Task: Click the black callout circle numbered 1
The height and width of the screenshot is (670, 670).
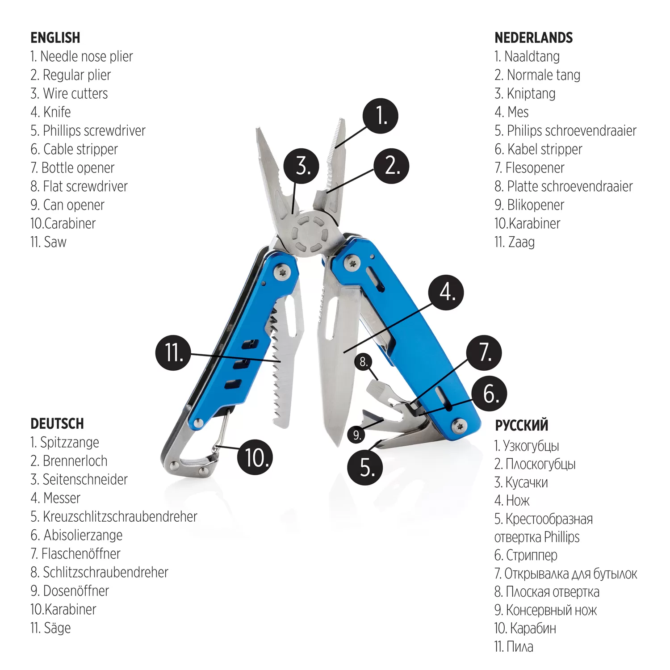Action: pyautogui.click(x=380, y=116)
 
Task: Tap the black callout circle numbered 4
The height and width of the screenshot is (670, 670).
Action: pyautogui.click(x=446, y=293)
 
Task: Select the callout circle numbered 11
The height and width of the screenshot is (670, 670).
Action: pyautogui.click(x=173, y=352)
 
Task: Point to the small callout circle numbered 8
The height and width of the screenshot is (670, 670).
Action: pyautogui.click(x=364, y=361)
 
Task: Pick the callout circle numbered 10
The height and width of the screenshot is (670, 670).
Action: pyautogui.click(x=255, y=457)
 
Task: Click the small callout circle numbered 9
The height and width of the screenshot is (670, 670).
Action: pyautogui.click(x=356, y=435)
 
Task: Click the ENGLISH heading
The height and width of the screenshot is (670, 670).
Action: pyautogui.click(x=55, y=38)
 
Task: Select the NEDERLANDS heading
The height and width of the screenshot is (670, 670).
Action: pyautogui.click(x=534, y=38)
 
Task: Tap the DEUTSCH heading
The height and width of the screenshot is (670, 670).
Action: pyautogui.click(x=57, y=423)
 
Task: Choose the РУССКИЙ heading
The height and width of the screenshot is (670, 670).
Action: pyautogui.click(x=521, y=426)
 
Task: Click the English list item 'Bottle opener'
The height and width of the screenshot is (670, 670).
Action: pyautogui.click(x=78, y=168)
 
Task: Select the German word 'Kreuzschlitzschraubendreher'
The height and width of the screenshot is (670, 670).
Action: pyautogui.click(x=120, y=516)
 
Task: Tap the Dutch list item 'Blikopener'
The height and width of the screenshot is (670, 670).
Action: pyautogui.click(x=536, y=205)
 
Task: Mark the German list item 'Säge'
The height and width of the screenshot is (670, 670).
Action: pyautogui.click(x=57, y=628)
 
